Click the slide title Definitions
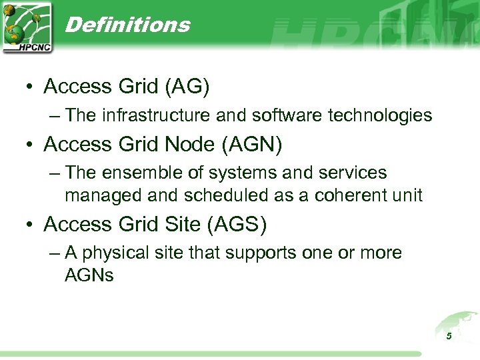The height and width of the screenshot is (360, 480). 128,25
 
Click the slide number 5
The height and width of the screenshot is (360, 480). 449,336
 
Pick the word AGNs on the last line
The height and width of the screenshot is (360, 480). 89,275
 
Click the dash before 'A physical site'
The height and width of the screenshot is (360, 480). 55,253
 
